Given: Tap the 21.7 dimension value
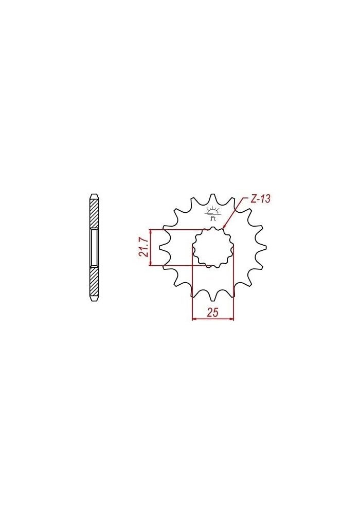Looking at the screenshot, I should [143, 247].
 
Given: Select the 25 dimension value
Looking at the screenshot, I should [213, 312].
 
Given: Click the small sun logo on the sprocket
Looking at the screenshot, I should [213, 213].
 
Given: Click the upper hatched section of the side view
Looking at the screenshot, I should [94, 213].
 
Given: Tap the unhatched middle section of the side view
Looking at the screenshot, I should [94, 247].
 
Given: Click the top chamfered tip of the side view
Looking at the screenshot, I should [94, 195].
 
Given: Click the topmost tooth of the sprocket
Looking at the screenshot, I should [213, 197].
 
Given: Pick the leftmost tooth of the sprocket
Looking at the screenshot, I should [164, 248].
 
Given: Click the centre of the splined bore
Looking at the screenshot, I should [213, 247].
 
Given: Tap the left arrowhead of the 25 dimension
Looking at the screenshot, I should [194, 319].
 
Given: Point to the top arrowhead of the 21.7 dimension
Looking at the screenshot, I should [150, 231].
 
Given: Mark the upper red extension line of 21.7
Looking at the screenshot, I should [180, 229].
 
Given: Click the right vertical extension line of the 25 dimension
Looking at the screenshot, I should [234, 288].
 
